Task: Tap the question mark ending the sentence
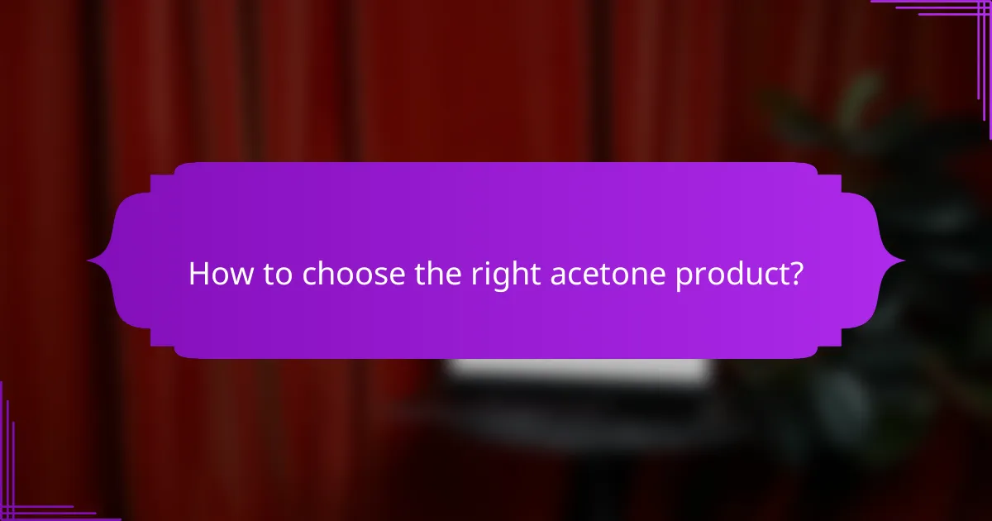point(795,274)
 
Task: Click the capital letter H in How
point(198,274)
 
